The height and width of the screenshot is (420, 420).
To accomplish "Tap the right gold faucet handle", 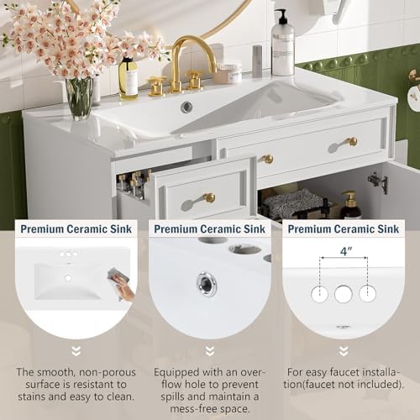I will click(x=195, y=81).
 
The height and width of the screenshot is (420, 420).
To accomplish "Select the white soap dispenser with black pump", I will click(x=282, y=46).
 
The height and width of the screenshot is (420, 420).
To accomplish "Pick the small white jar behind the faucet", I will click(x=227, y=74).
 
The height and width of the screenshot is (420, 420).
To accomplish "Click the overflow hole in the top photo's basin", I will click(x=186, y=107).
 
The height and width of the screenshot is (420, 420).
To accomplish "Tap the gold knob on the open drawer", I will click(x=207, y=198).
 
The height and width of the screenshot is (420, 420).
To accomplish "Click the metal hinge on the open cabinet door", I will click(x=376, y=181).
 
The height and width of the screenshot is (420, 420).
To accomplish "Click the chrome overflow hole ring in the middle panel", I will click(x=207, y=283).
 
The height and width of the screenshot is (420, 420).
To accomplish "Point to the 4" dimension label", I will click(x=344, y=251).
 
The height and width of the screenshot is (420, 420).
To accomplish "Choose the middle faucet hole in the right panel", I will click(x=343, y=294).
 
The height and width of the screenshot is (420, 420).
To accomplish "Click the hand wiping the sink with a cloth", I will click(x=123, y=289).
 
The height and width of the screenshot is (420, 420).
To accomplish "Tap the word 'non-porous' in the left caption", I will click(x=90, y=371).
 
